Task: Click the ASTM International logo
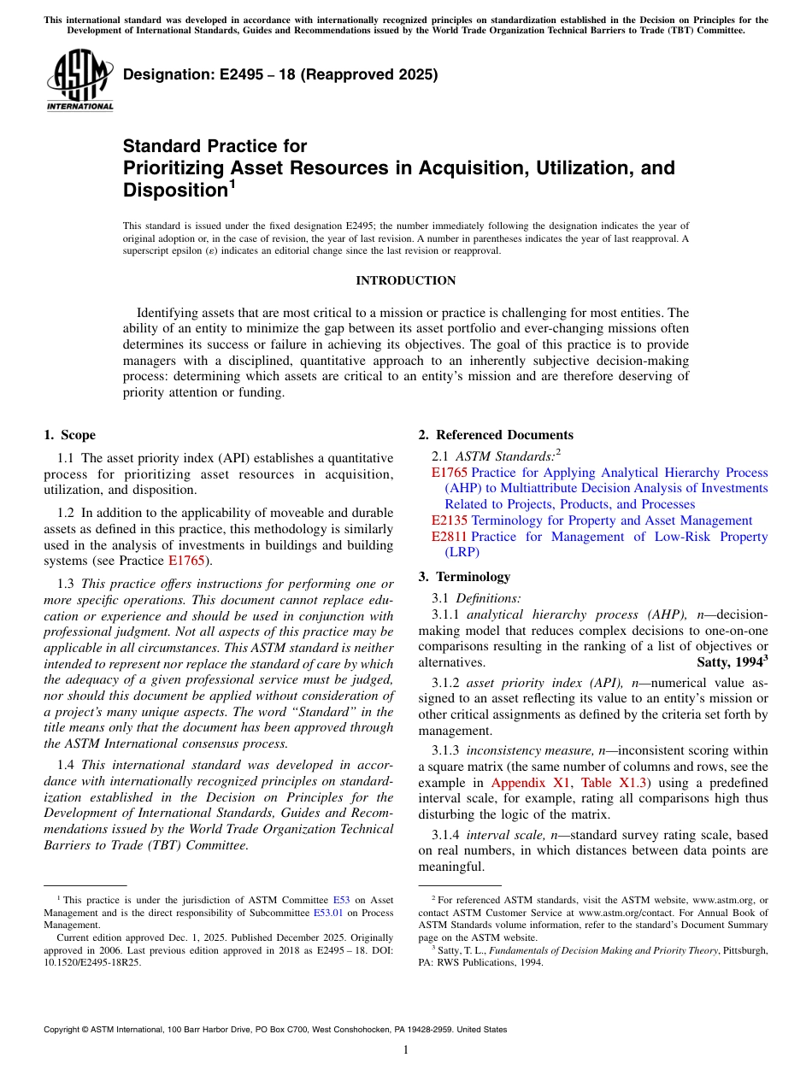coord(79,80)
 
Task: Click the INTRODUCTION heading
coord(405,280)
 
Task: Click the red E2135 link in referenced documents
coord(450,520)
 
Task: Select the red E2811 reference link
coord(450,537)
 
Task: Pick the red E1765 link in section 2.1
coord(450,473)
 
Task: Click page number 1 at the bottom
coord(406,1050)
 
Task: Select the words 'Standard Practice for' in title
coord(215,146)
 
